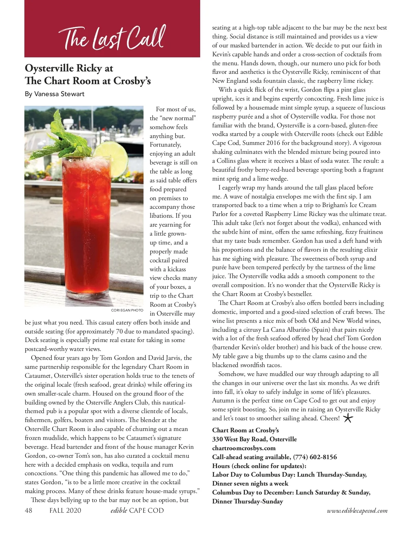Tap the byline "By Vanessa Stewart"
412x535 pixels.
coord(55,94)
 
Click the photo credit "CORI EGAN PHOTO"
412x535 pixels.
coord(127,310)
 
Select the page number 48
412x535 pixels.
coord(28,511)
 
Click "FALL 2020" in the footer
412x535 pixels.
coord(65,511)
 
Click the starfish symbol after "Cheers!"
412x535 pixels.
coord(348,418)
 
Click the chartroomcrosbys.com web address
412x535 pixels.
coord(244,448)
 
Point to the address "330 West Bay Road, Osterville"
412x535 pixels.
coord(254,439)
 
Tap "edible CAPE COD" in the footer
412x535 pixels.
coord(137,511)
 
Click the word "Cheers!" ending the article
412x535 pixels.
coord(330,418)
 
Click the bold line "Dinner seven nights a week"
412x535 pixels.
coord(250,483)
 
